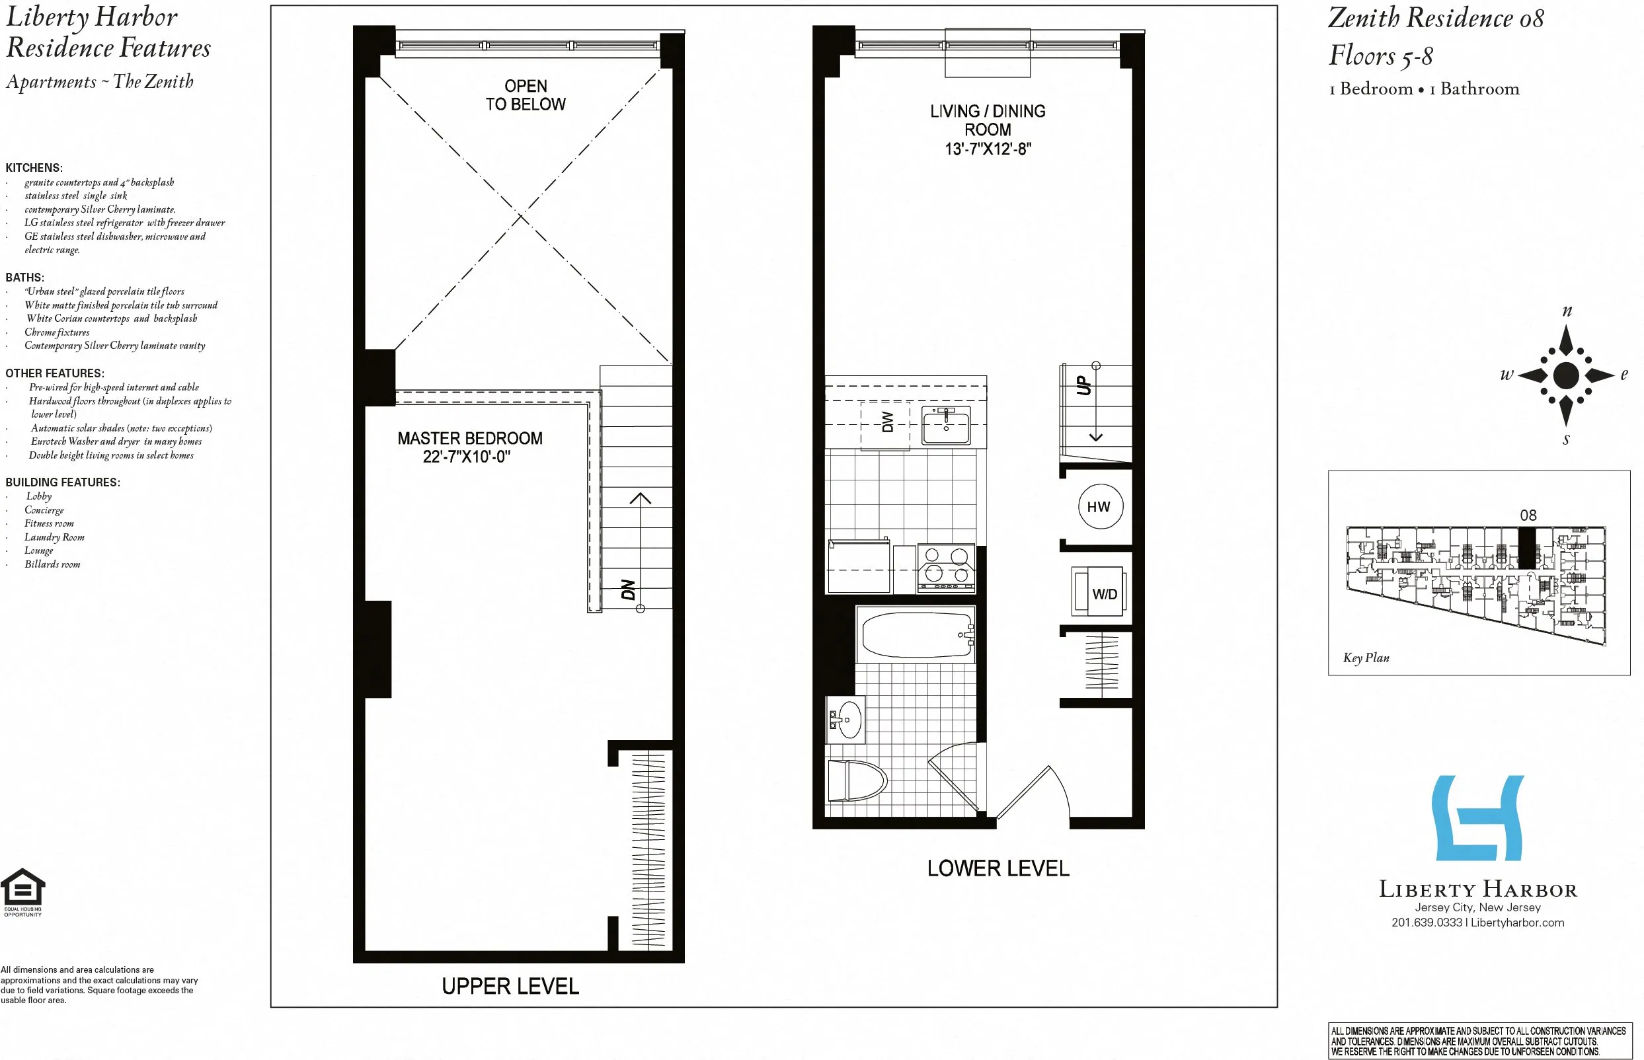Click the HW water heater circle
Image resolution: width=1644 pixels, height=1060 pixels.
click(1099, 507)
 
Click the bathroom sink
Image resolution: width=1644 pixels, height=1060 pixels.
click(847, 720)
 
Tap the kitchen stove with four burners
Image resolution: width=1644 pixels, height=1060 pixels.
click(946, 568)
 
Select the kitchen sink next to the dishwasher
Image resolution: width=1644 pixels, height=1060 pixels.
click(946, 425)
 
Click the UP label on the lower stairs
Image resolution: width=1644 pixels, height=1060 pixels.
click(1083, 385)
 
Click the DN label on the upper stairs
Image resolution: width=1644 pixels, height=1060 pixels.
click(628, 590)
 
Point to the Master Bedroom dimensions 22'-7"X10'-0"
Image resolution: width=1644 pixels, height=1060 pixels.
click(466, 457)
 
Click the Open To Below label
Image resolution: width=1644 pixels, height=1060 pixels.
click(526, 95)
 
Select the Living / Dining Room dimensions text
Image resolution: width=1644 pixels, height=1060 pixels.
click(987, 149)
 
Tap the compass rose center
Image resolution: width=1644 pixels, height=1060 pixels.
click(1566, 375)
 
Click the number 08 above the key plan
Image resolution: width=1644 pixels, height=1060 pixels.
click(1528, 515)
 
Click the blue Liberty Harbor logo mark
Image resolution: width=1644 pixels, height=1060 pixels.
click(1478, 817)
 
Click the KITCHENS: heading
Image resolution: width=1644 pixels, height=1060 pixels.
click(34, 168)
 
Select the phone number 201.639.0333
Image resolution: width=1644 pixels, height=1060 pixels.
click(1427, 923)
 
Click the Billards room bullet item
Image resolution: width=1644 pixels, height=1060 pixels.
click(52, 564)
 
